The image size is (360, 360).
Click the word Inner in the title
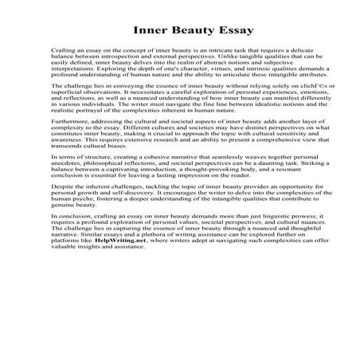(143, 31)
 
